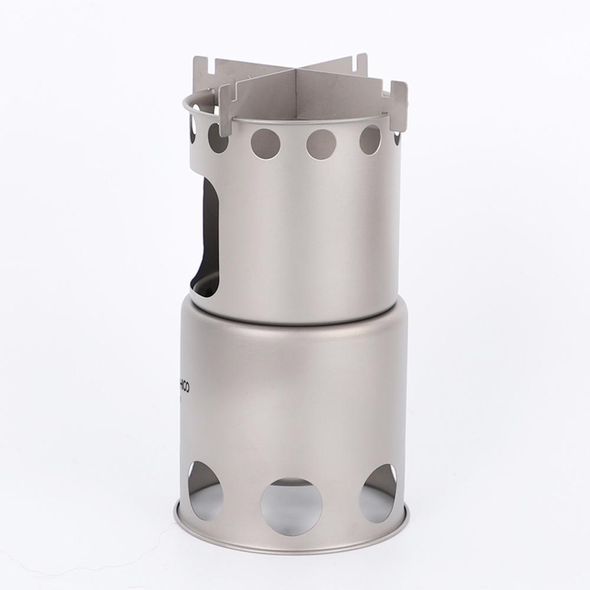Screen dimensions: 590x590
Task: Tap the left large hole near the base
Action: [x=205, y=490]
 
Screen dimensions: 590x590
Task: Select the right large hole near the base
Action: [x=378, y=493]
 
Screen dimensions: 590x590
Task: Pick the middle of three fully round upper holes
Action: [x=321, y=144]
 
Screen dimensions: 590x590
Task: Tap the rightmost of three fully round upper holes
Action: [x=371, y=140]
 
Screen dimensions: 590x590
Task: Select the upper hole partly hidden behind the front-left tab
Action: [x=217, y=138]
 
